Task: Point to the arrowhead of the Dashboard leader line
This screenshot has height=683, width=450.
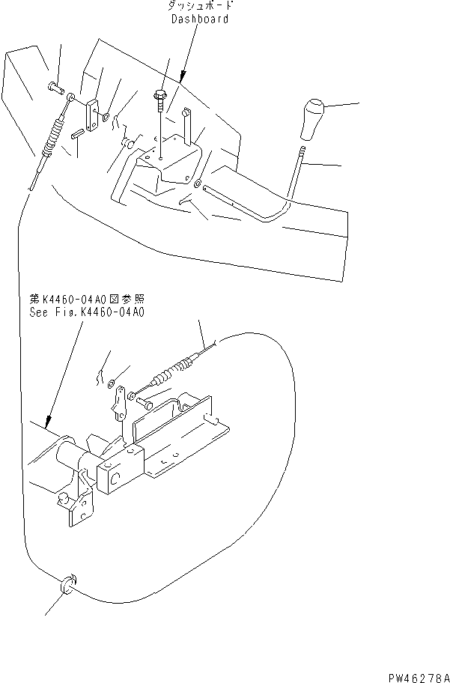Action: coord(183,78)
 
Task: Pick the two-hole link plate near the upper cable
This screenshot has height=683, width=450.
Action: coord(92,116)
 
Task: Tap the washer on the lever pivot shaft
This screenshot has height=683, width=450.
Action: coord(196,183)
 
